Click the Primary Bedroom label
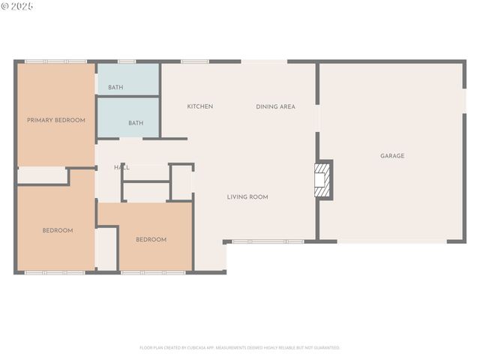[56, 120]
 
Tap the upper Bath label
[115, 88]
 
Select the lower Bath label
[136, 123]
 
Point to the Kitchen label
[199, 106]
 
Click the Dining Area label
[275, 106]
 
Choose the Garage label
[392, 156]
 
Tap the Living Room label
[247, 197]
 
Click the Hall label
[121, 167]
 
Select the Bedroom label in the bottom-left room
[58, 230]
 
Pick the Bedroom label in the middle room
[151, 239]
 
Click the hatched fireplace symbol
[322, 179]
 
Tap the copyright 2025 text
[17, 6]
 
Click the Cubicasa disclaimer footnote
[240, 348]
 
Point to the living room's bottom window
[268, 241]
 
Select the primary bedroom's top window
[55, 61]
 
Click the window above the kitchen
[194, 61]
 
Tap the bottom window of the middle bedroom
[153, 272]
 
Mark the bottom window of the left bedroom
[55, 272]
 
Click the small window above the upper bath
[127, 61]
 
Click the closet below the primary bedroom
[42, 176]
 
